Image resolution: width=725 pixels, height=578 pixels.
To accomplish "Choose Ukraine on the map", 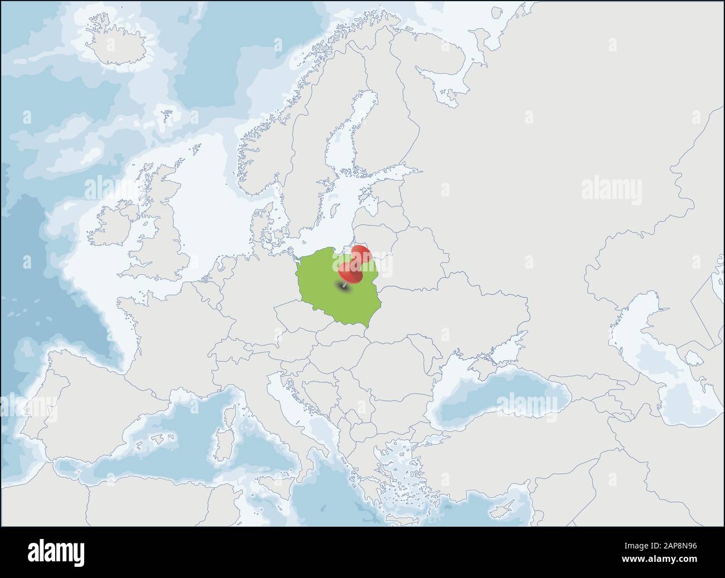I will click(446, 312).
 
